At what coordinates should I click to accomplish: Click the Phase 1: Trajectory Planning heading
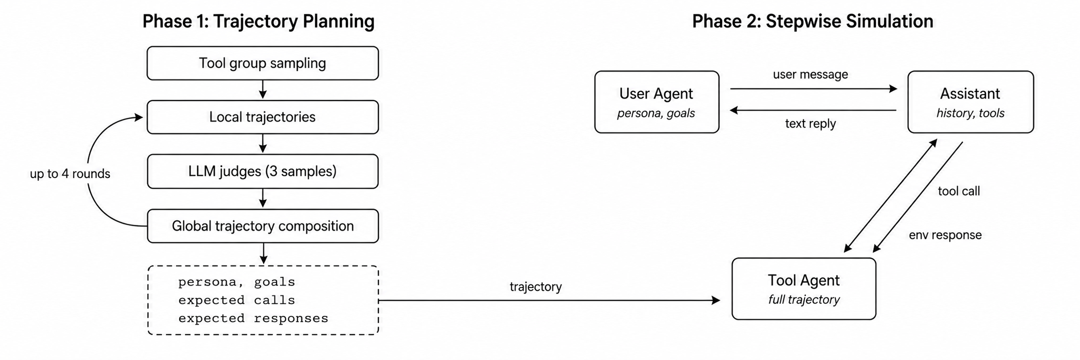(x=258, y=21)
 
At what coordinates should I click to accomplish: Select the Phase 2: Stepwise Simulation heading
(x=812, y=21)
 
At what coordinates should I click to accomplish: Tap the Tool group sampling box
(x=263, y=63)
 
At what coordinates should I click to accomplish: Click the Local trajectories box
(x=263, y=117)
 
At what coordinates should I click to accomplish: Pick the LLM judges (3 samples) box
(x=263, y=171)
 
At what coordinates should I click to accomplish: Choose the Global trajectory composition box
(x=263, y=226)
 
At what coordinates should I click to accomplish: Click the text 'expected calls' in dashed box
(x=237, y=300)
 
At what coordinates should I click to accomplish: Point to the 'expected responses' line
(x=253, y=318)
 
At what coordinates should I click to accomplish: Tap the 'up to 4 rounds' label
(x=70, y=174)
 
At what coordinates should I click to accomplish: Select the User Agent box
(x=657, y=102)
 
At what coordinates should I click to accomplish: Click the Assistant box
(x=971, y=102)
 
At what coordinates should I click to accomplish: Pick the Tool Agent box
(x=804, y=288)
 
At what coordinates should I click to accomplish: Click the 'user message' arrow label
(x=810, y=75)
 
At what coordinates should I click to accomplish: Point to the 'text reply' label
(x=810, y=123)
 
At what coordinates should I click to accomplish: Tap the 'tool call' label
(x=959, y=191)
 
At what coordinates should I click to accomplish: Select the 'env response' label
(x=945, y=235)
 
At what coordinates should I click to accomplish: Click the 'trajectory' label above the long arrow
(x=536, y=287)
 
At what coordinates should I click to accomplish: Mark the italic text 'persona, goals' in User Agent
(x=656, y=113)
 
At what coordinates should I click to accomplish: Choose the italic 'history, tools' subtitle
(x=971, y=113)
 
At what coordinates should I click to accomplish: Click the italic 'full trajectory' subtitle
(x=804, y=300)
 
